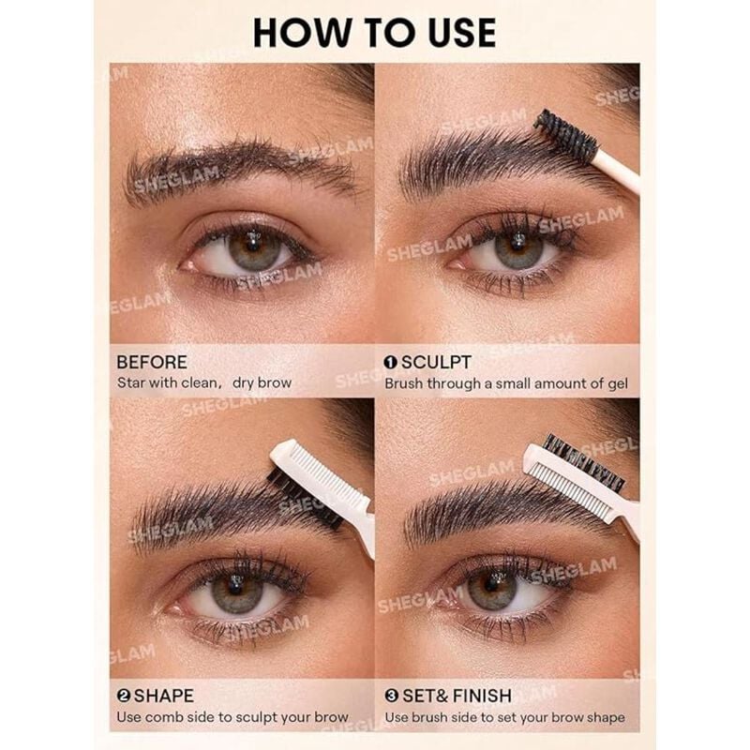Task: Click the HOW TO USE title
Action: [374, 32]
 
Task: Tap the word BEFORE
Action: [152, 362]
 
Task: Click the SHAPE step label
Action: [164, 696]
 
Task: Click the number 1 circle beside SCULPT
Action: [390, 362]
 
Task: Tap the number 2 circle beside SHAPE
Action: [123, 696]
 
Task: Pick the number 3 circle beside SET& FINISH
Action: [390, 696]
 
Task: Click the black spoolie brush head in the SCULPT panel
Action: [565, 134]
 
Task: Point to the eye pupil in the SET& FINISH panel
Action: [490, 588]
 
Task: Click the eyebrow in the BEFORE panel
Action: [234, 164]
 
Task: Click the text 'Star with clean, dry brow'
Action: [204, 382]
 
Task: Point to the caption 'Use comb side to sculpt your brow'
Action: [232, 718]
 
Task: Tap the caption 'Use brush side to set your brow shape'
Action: [504, 718]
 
